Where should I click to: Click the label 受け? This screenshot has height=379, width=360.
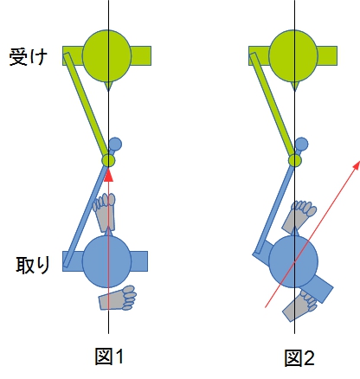point(28,57)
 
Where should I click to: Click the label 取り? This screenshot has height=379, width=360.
point(33,265)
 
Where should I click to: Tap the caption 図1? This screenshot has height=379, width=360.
point(109,357)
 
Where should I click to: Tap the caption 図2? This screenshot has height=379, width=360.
point(299,358)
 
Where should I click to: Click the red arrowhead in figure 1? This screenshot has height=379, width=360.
point(108,176)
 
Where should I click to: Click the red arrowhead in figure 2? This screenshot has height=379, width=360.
point(357,165)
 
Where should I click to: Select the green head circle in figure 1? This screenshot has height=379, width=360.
point(106,55)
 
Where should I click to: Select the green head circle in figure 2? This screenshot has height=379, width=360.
point(293,55)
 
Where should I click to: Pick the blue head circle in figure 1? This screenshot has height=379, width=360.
point(106,261)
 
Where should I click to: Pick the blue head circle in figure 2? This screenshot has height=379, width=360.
point(293,261)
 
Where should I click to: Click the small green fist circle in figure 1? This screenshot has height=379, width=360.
point(108,160)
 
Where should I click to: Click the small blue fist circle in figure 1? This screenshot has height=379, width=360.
point(115,144)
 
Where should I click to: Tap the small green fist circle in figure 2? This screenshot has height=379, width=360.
point(295,160)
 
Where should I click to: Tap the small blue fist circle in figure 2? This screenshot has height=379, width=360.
point(301,144)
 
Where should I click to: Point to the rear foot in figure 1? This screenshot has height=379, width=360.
point(118,298)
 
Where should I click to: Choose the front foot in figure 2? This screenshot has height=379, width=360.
point(299,217)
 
